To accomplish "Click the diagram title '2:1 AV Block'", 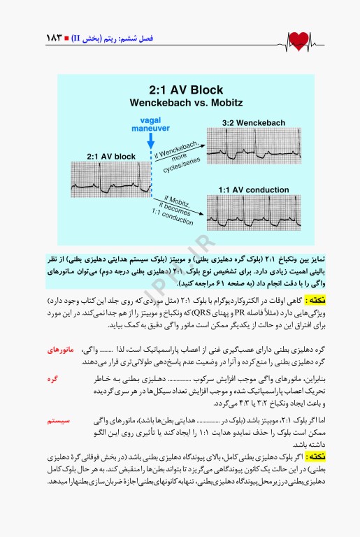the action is point(186,90).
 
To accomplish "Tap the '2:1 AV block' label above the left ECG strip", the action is point(111,155).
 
